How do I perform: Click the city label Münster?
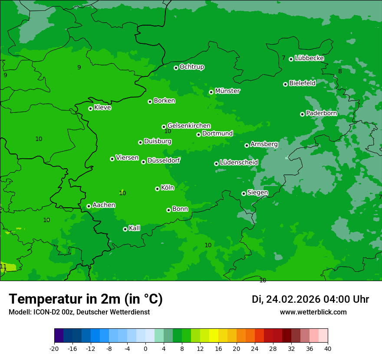tap(227, 91)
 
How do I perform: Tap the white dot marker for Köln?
tap(157, 189)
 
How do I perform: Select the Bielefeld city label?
tap(302, 83)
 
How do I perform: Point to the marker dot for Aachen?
tap(89, 206)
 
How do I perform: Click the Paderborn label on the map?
tap(321, 113)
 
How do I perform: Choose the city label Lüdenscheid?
tap(239, 163)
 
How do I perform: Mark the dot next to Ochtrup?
tap(176, 68)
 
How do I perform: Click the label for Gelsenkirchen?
tap(189, 126)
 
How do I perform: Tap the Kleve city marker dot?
tap(90, 108)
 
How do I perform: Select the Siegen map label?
tap(257, 193)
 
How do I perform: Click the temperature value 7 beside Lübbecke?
tap(283, 58)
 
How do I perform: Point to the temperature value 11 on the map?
tap(3, 266)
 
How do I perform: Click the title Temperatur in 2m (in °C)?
tap(86, 299)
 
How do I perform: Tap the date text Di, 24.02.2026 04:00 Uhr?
tap(310, 299)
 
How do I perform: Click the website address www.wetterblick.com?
tap(313, 312)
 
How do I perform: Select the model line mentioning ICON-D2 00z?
tap(79, 312)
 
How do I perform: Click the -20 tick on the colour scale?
tap(54, 348)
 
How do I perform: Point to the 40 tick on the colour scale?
tap(328, 348)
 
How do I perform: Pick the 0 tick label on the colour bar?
tap(145, 348)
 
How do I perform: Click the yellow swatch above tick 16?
tap(214, 336)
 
